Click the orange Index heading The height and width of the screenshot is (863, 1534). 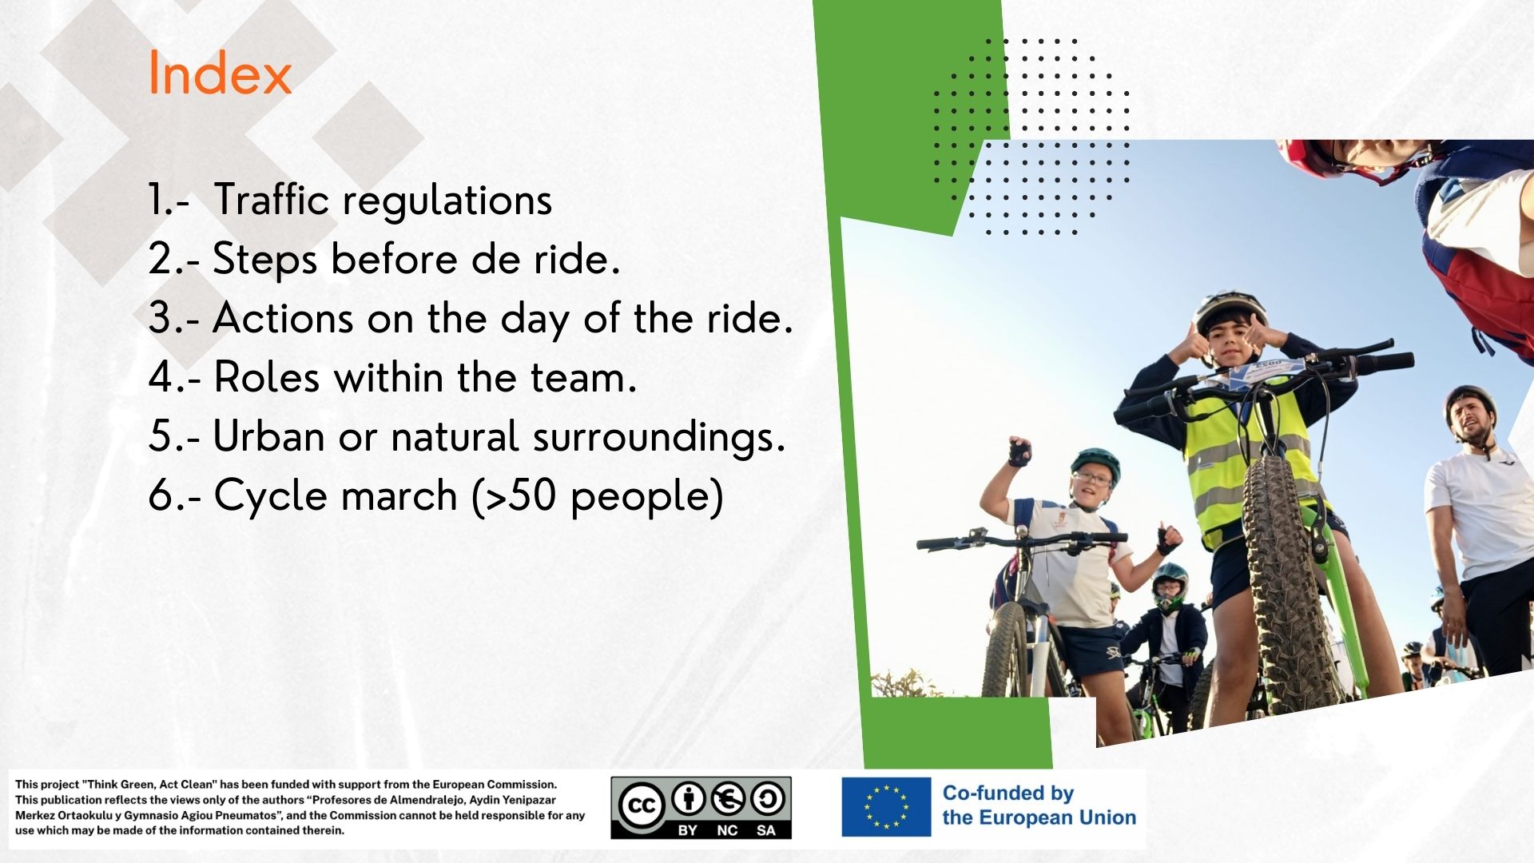(x=220, y=74)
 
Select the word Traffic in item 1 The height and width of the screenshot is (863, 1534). (x=272, y=199)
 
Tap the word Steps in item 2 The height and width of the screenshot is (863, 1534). (x=265, y=260)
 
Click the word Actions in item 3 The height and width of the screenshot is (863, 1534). (x=284, y=318)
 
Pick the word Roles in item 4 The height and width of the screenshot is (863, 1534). (x=267, y=377)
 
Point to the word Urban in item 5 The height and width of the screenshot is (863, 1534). (x=269, y=437)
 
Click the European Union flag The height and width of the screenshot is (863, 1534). (x=886, y=807)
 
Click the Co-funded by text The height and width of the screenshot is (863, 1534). (x=1008, y=793)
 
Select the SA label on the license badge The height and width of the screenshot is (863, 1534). (x=766, y=830)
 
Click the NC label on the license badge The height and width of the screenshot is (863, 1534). (x=727, y=830)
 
